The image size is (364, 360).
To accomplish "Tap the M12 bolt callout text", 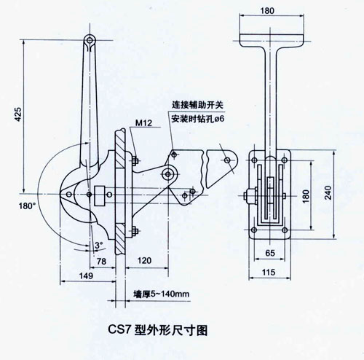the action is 144,123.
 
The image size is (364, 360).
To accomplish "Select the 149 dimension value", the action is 86,275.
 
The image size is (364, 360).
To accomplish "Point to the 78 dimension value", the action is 101,261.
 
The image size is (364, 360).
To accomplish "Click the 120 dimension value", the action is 144,261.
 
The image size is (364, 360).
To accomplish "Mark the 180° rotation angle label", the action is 27,206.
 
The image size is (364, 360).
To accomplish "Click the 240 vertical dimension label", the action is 328,192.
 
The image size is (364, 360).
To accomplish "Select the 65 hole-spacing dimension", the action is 270,253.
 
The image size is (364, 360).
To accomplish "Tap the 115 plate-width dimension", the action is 269,272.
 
